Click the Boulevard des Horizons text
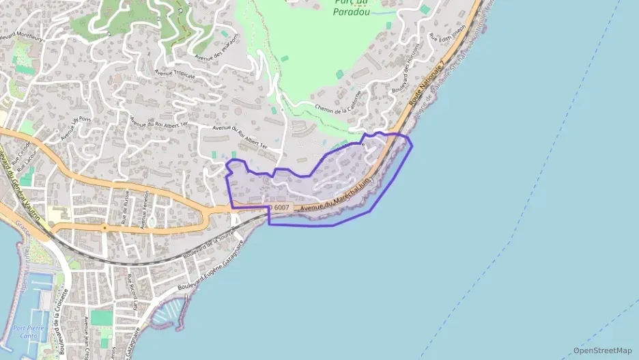tap(403, 77)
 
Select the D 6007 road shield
tap(280, 207)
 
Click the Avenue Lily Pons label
tap(75, 128)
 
